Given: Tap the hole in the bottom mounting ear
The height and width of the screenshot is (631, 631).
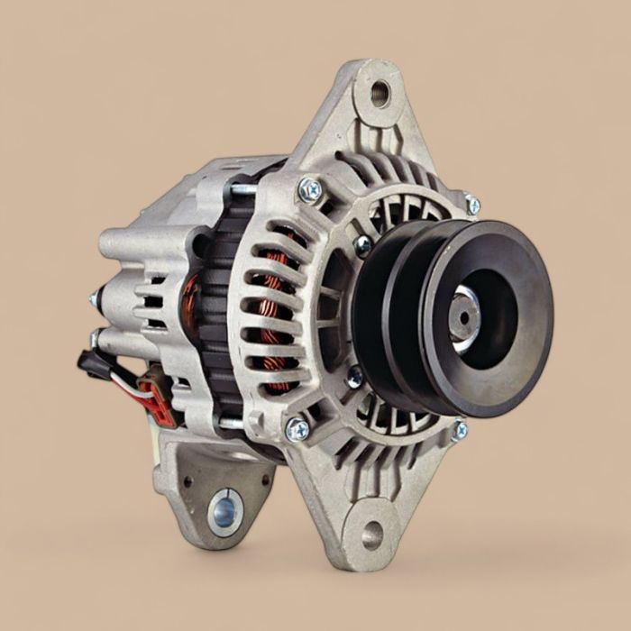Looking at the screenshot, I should [371, 535].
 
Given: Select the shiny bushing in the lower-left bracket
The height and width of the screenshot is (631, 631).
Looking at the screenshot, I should [225, 511].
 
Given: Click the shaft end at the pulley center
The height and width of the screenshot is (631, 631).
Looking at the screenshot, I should [462, 317].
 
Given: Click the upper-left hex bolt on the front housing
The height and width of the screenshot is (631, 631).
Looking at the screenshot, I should [310, 188].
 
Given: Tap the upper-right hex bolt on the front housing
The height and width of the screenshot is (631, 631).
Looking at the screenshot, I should [472, 205].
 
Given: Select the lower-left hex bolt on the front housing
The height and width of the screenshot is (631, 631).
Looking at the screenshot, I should [297, 430].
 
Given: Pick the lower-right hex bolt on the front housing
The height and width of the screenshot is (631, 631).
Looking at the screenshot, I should [460, 430].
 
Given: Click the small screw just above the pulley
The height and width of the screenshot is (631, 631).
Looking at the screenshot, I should [363, 244].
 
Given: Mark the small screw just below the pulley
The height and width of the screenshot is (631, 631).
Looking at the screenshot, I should [355, 377].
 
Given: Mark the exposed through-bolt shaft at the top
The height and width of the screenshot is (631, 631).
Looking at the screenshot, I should [242, 189].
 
